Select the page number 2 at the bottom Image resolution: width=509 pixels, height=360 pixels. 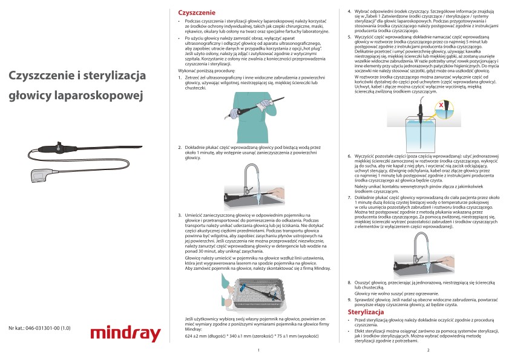point(427,350)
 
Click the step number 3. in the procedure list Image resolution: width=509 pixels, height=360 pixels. point(180,215)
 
